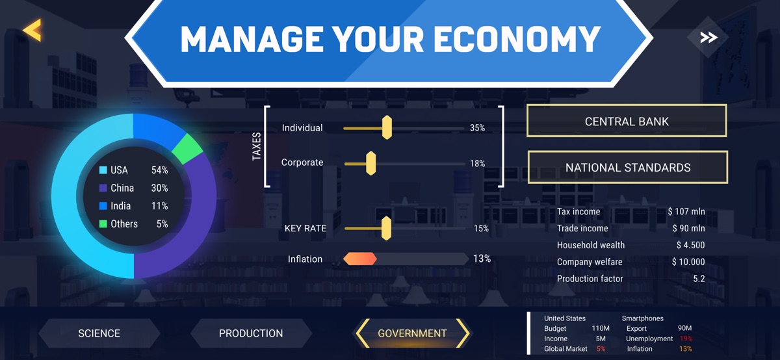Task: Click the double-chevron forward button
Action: point(708,37)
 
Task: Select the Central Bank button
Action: point(627,121)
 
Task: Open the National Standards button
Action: point(627,167)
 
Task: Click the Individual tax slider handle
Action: point(387,128)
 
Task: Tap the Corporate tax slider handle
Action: point(371,163)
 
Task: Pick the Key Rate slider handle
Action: point(386,228)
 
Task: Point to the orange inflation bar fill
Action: point(360,259)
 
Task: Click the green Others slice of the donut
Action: point(187,149)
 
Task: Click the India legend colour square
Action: point(103,206)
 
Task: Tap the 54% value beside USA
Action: point(159,170)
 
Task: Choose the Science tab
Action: point(99,333)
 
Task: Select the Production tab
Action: point(251,333)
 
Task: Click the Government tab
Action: point(412,333)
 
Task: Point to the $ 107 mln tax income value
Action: point(686,211)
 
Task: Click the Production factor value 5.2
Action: point(699,279)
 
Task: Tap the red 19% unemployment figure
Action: point(686,339)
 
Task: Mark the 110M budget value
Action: point(601,328)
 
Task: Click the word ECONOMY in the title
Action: point(516,39)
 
